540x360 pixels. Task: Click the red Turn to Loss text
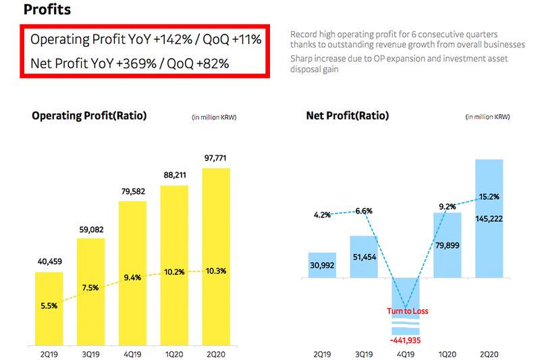tap(406, 311)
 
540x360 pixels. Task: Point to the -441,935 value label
tap(406, 340)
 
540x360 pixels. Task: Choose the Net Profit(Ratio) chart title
tap(347, 115)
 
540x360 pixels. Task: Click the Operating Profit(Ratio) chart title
tap(89, 115)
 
